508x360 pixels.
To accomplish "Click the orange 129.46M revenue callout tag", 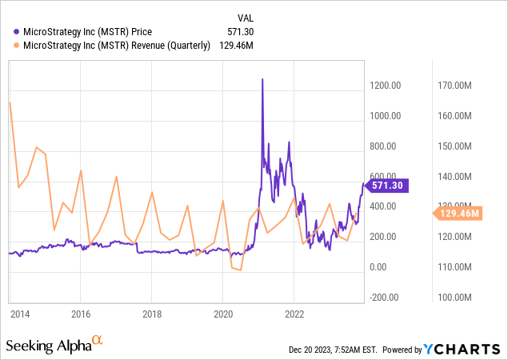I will pyautogui.click(x=460, y=213).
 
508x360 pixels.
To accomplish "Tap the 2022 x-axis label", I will pyautogui.click(x=294, y=314).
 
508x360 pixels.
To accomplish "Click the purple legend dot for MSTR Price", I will pyautogui.click(x=18, y=32).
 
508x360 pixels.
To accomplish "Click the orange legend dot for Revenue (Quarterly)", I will pyautogui.click(x=18, y=46).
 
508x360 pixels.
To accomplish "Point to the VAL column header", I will pyautogui.click(x=246, y=18).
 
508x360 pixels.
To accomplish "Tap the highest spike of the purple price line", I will pyautogui.click(x=262, y=79).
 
